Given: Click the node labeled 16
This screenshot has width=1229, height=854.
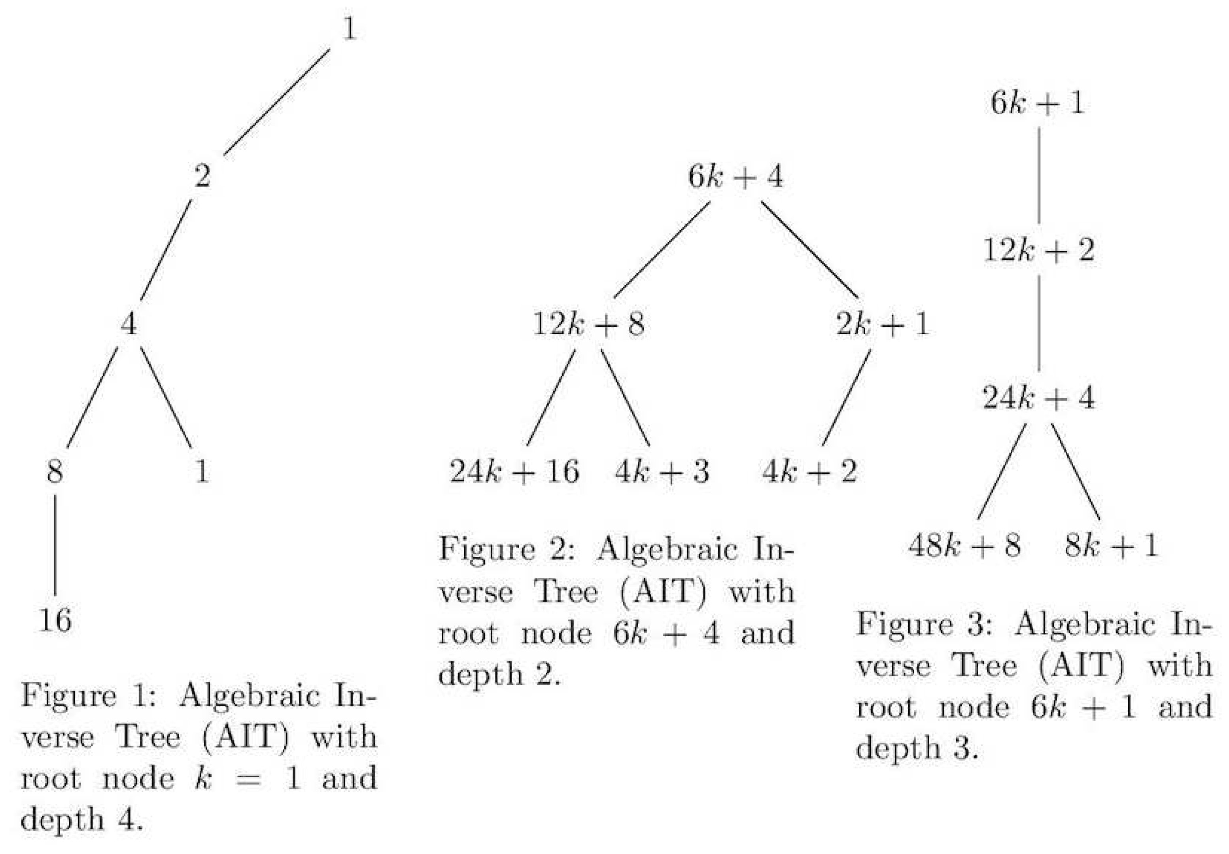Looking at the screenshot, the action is (x=55, y=620).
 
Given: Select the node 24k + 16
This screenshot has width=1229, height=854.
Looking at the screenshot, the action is (x=514, y=472).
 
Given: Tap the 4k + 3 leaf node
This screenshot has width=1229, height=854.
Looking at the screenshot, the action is (x=662, y=472).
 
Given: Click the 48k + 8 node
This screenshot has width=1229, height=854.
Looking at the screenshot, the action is (x=964, y=546).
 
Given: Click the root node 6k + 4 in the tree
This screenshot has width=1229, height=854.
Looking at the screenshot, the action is (x=736, y=176).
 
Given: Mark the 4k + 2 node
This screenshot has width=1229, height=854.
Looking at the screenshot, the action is (x=809, y=472).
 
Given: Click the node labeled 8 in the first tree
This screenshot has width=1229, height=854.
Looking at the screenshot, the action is (x=55, y=472).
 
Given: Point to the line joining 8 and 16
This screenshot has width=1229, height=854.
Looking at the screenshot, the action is (x=55, y=545).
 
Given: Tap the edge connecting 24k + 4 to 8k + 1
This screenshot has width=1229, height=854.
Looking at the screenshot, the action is (x=1075, y=471).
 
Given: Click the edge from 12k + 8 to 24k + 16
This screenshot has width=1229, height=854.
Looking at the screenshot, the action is (x=551, y=397).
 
